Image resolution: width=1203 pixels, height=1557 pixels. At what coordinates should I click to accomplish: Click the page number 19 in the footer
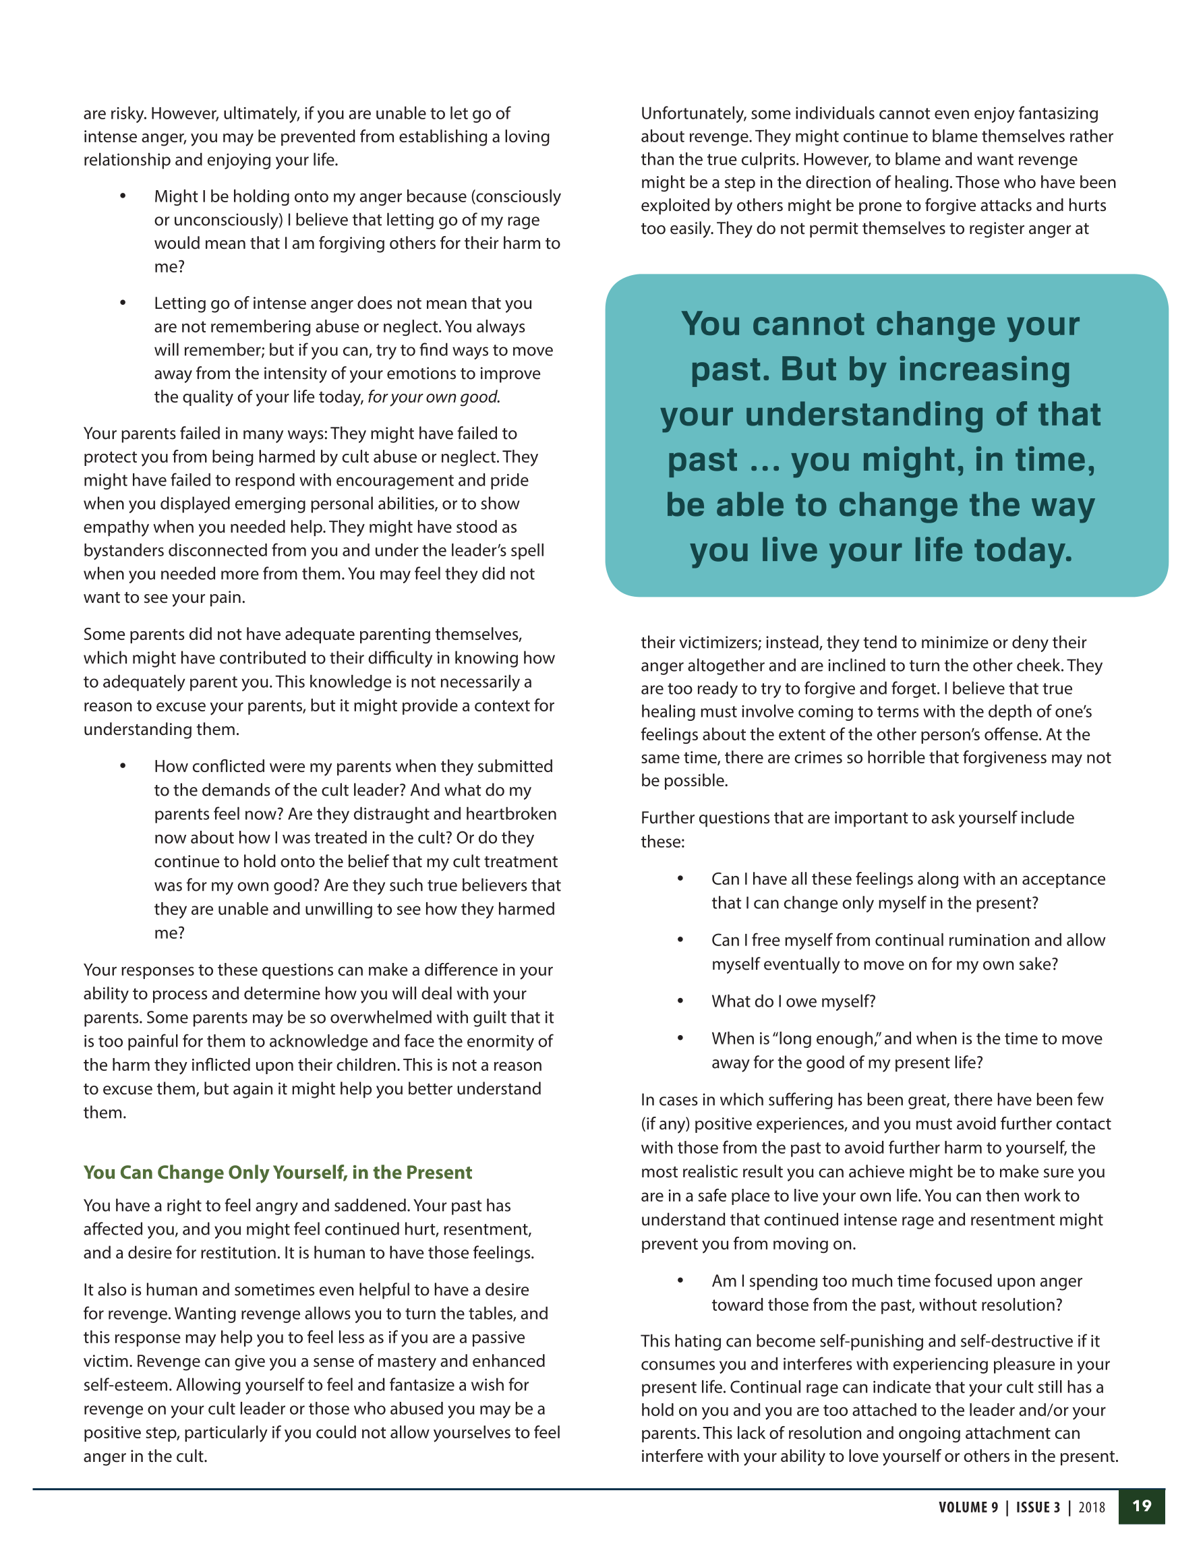point(1142,1506)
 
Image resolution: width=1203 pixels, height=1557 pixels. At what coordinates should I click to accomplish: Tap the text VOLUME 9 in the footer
point(968,1507)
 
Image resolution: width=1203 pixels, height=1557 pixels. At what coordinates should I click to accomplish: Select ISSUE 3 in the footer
point(1038,1507)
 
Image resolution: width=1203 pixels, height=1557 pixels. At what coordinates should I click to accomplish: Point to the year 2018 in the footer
point(1092,1507)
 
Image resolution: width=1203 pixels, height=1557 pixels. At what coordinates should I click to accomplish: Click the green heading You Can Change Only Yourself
point(277,1172)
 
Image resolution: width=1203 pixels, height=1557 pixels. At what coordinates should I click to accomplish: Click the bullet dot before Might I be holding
point(123,196)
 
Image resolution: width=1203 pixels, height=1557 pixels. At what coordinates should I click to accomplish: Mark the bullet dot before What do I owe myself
point(680,1001)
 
